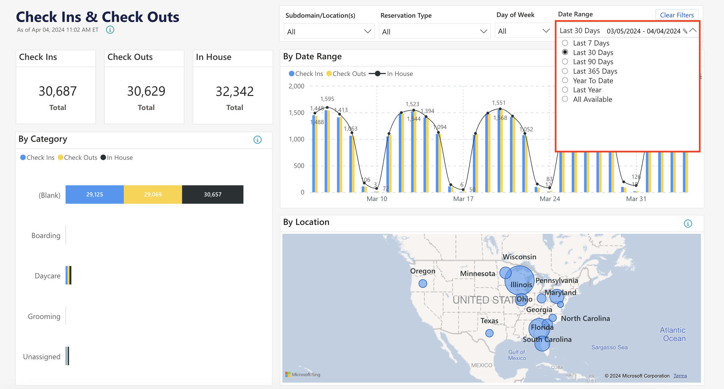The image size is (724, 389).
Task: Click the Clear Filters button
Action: [676, 15]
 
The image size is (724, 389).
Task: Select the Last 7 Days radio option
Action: [565, 43]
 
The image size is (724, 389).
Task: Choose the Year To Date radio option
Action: [565, 81]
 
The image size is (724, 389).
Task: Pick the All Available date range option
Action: [565, 99]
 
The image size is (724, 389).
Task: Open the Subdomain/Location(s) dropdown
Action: [329, 31]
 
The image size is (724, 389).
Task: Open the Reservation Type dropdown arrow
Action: [483, 31]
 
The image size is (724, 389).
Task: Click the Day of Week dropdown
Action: [523, 31]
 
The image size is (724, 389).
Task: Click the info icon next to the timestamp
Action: [110, 30]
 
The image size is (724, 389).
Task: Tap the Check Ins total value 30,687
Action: [58, 91]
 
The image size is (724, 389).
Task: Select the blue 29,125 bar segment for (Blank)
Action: [94, 194]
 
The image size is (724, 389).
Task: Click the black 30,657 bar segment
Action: [213, 194]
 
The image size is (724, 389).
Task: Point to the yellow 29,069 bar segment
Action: [153, 194]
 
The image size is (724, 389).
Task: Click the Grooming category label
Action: [44, 316]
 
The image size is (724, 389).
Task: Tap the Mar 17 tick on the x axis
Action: [463, 199]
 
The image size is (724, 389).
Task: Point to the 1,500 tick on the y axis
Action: [296, 113]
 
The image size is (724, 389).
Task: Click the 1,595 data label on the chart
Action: [327, 99]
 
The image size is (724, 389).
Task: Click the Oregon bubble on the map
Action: [423, 284]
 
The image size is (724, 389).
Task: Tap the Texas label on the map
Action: [489, 321]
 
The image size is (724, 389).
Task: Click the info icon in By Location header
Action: [688, 224]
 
